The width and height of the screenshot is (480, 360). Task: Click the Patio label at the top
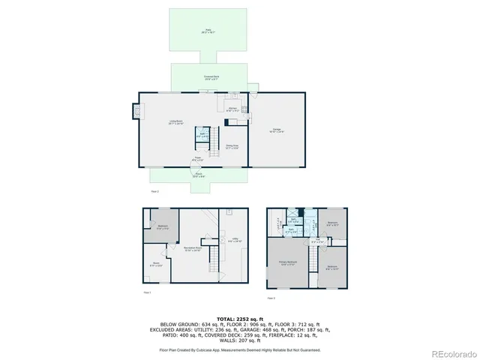pos(207,31)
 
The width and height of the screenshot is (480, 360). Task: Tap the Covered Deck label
pos(211,76)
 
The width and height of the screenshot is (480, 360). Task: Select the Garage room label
pos(277,130)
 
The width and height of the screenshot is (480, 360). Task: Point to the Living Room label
pos(175,122)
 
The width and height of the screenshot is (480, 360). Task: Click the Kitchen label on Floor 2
pos(232,109)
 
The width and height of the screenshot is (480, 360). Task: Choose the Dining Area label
pos(232,147)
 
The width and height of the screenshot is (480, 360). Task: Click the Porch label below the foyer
pos(199,175)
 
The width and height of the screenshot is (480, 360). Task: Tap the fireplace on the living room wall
pos(136,111)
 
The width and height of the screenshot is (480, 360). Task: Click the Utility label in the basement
pos(235,241)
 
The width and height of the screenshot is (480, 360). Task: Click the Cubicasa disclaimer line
pos(239,349)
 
